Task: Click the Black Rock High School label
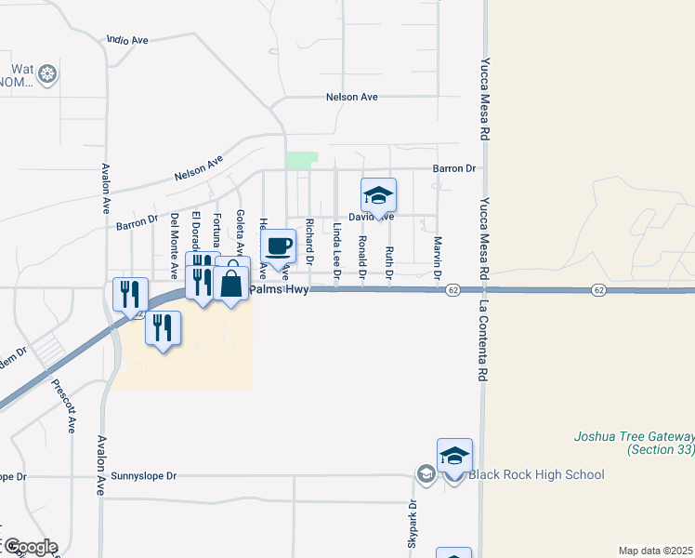tap(536, 475)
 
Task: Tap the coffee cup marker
tap(278, 247)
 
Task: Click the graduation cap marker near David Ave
tap(378, 196)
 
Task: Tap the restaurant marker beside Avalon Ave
tap(130, 294)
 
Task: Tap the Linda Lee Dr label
tap(336, 249)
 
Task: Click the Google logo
tap(30, 547)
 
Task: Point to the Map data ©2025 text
tap(655, 550)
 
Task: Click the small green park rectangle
tap(302, 160)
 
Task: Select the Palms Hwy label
tap(278, 291)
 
